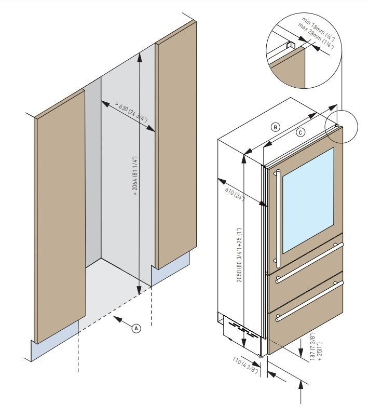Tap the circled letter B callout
276,127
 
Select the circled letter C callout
300,132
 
